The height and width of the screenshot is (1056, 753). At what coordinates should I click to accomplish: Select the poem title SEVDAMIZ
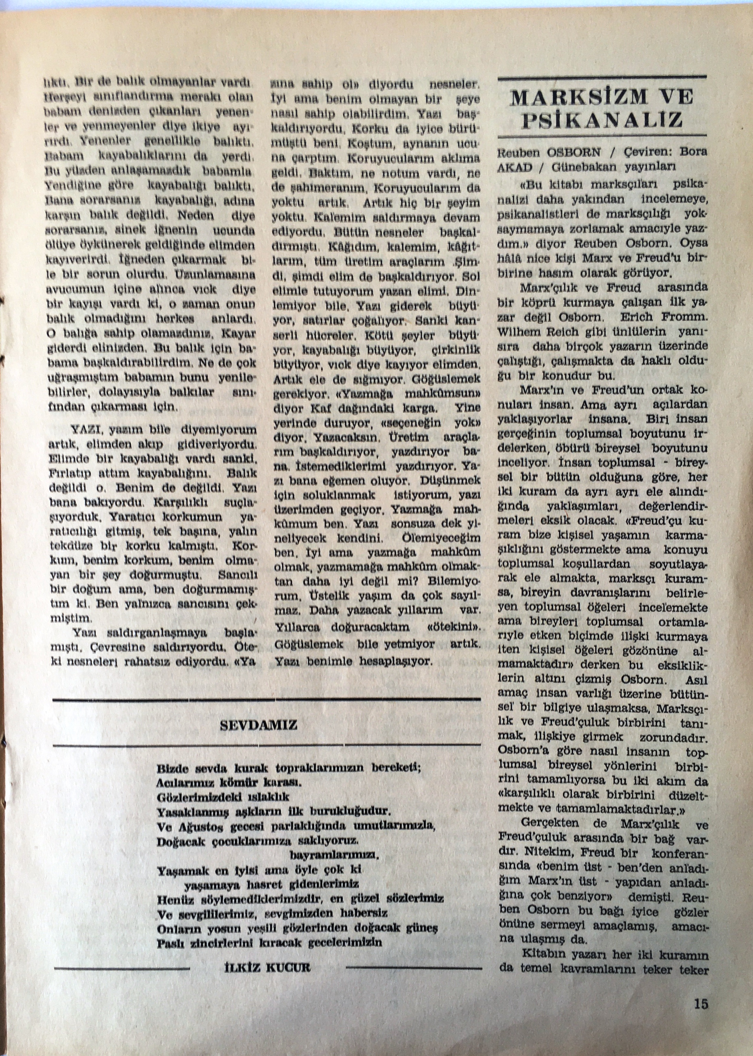coord(258,725)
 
